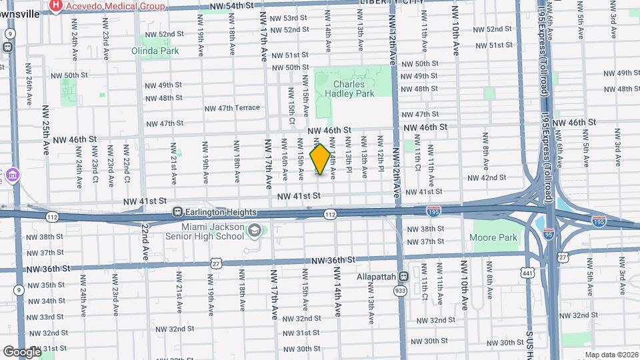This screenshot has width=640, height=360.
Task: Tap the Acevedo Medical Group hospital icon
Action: pyautogui.click(x=56, y=6)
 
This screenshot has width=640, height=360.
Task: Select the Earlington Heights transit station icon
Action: pyautogui.click(x=178, y=212)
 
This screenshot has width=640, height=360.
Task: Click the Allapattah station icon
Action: pyautogui.click(x=403, y=277)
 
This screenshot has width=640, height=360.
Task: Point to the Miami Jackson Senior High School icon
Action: pyautogui.click(x=254, y=231)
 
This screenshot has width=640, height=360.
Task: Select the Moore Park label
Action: pyautogui.click(x=493, y=237)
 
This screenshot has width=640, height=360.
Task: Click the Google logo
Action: pyautogui.click(x=22, y=351)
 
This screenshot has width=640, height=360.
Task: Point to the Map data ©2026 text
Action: pyautogui.click(x=611, y=355)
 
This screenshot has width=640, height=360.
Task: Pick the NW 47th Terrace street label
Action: pyautogui.click(x=231, y=108)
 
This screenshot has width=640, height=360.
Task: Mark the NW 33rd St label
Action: pyautogui.click(x=47, y=317)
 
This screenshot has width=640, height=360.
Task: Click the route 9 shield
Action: pyautogui.click(x=19, y=289)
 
